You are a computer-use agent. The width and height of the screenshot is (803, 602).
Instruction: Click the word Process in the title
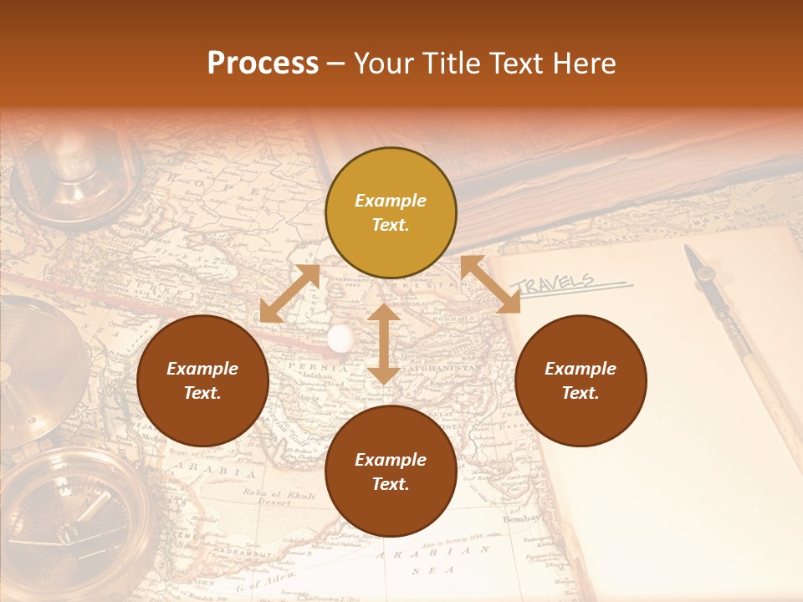click(x=263, y=64)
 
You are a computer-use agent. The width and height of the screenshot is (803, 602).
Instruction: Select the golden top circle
click(x=391, y=213)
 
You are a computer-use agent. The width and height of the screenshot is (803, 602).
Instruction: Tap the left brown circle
click(x=202, y=380)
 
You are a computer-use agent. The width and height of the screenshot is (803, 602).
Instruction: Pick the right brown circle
click(x=581, y=380)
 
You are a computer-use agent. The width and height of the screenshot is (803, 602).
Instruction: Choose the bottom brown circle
click(x=391, y=472)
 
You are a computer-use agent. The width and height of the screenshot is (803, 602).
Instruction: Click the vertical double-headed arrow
click(x=383, y=344)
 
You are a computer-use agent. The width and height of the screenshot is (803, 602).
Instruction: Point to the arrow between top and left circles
click(x=289, y=293)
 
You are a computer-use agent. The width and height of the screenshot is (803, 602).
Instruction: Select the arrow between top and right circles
click(x=490, y=284)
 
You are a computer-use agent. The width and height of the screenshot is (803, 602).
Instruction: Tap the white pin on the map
click(x=340, y=338)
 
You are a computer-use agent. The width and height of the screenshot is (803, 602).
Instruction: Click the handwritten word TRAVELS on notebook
click(x=556, y=283)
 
